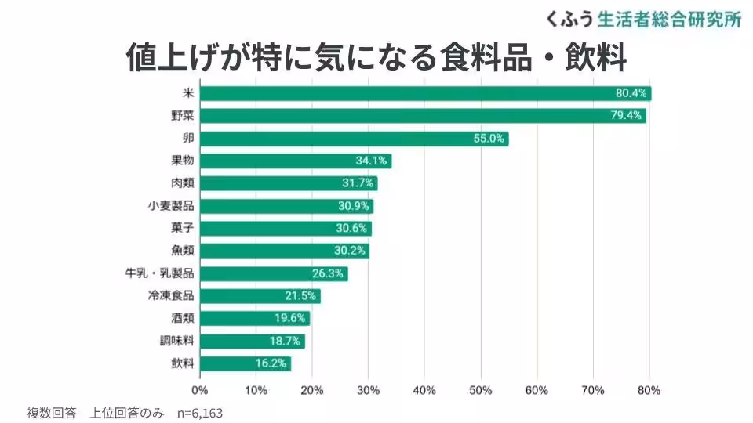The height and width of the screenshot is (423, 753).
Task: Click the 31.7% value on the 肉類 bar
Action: [x=359, y=184]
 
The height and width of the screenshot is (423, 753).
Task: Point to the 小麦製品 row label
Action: [x=170, y=206]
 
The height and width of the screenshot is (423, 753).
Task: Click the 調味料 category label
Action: [x=176, y=342]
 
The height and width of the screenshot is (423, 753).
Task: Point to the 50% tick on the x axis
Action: [x=480, y=390]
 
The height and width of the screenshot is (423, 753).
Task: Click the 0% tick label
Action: [x=200, y=390]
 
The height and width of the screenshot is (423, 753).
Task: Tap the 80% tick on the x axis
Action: [x=649, y=390]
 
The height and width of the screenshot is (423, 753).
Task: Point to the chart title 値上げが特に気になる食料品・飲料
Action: [x=376, y=57]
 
